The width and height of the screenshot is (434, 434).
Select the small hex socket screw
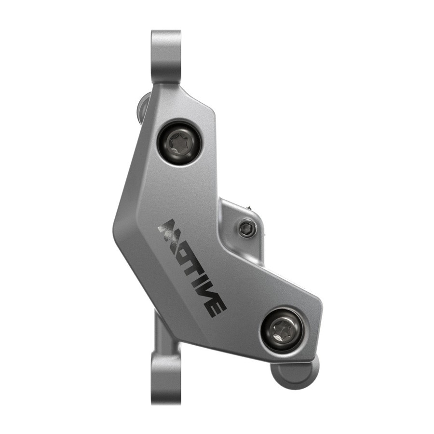coord(246,228)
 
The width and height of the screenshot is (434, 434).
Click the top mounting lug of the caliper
coord(166,53)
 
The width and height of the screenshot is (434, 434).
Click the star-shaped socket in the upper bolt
coord(179,143)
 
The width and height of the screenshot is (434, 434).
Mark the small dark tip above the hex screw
coord(250,207)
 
